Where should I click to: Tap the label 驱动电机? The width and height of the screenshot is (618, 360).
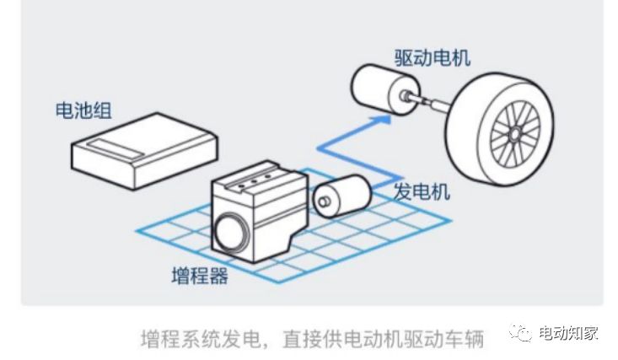tap(432, 56)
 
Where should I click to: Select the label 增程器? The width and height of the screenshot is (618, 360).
tap(199, 275)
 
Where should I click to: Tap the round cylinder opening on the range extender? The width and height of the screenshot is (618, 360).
tap(229, 232)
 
